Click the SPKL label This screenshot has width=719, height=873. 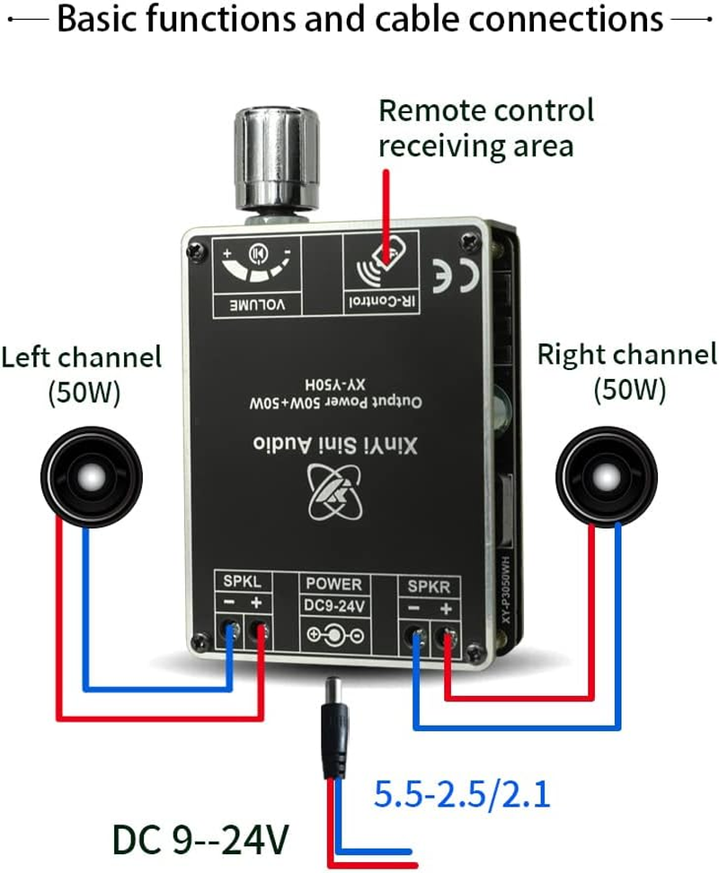tap(240, 582)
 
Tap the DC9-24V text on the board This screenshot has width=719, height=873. tap(333, 607)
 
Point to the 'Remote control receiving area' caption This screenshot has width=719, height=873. tap(485, 128)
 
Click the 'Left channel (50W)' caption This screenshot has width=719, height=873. tap(81, 374)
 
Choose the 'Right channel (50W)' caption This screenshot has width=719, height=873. tap(627, 371)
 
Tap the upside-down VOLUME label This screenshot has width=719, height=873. tap(254, 304)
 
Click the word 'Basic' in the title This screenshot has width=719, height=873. tap(99, 19)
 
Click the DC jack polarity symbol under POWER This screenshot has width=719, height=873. tap(334, 637)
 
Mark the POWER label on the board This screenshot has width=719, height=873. tap(333, 585)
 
